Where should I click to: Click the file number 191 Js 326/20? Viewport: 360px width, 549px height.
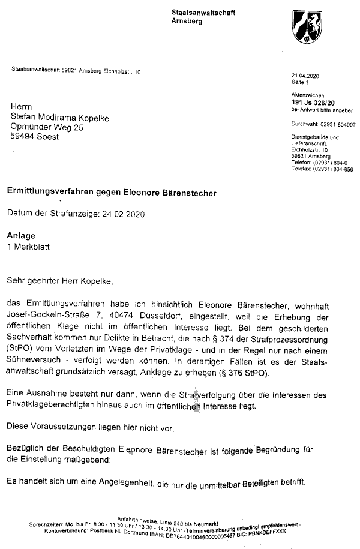coord(314,103)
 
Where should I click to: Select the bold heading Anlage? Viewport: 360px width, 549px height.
coord(22,236)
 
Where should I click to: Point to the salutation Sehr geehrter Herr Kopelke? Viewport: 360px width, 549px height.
coord(59,280)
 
